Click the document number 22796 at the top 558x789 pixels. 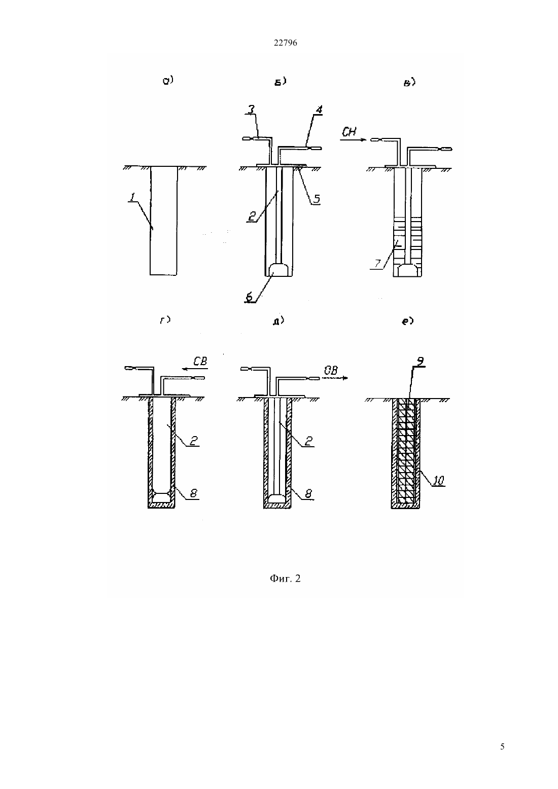click(285, 43)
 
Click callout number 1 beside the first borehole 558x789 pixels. click(132, 197)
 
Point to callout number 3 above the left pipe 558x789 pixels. click(251, 109)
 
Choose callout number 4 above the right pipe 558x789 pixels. click(319, 110)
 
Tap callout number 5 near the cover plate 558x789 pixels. click(317, 199)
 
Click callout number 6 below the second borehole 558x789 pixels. click(250, 297)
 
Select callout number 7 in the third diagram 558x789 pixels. click(377, 264)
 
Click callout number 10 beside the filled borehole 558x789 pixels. click(438, 480)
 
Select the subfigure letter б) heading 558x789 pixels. click(280, 82)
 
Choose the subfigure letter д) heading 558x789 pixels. click(278, 321)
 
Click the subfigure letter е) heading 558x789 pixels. click(408, 321)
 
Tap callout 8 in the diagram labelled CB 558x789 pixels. click(193, 493)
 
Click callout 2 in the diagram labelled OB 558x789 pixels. click(308, 441)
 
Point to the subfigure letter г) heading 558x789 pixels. click(165, 320)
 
